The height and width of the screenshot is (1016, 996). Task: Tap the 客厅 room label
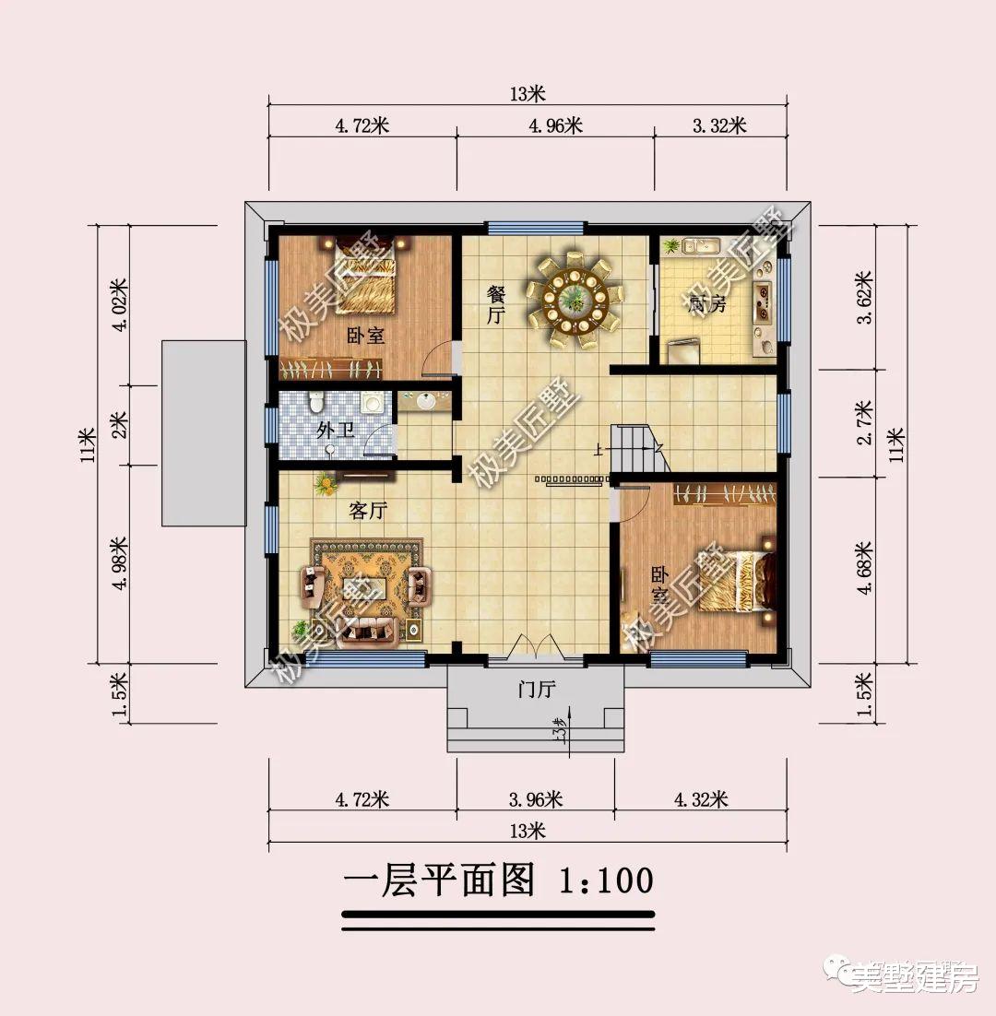367,511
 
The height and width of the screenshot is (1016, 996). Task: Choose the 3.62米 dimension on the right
864,297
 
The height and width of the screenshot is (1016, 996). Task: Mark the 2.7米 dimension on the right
864,423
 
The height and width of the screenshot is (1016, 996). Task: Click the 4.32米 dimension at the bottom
700,798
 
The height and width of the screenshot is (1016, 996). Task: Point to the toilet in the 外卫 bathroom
317,403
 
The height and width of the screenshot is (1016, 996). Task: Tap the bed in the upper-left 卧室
368,277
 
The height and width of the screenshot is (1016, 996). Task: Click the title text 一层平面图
439,880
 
